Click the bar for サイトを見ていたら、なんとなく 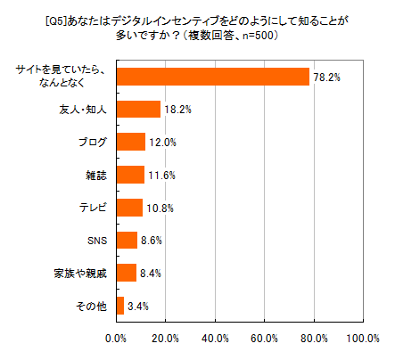tap(212, 77)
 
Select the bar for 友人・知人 tap(138, 109)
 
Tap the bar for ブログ tap(130, 142)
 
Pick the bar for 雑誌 tap(130, 175)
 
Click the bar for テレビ tap(129, 208)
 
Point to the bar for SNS tap(127, 241)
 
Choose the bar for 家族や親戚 tap(126, 273)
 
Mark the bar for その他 tap(120, 306)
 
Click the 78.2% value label tap(325, 78)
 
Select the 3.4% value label tap(139, 307)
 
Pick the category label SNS tap(97, 241)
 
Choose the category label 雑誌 tap(97, 175)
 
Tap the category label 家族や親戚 tap(82, 273)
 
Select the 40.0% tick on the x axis tap(215, 339)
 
